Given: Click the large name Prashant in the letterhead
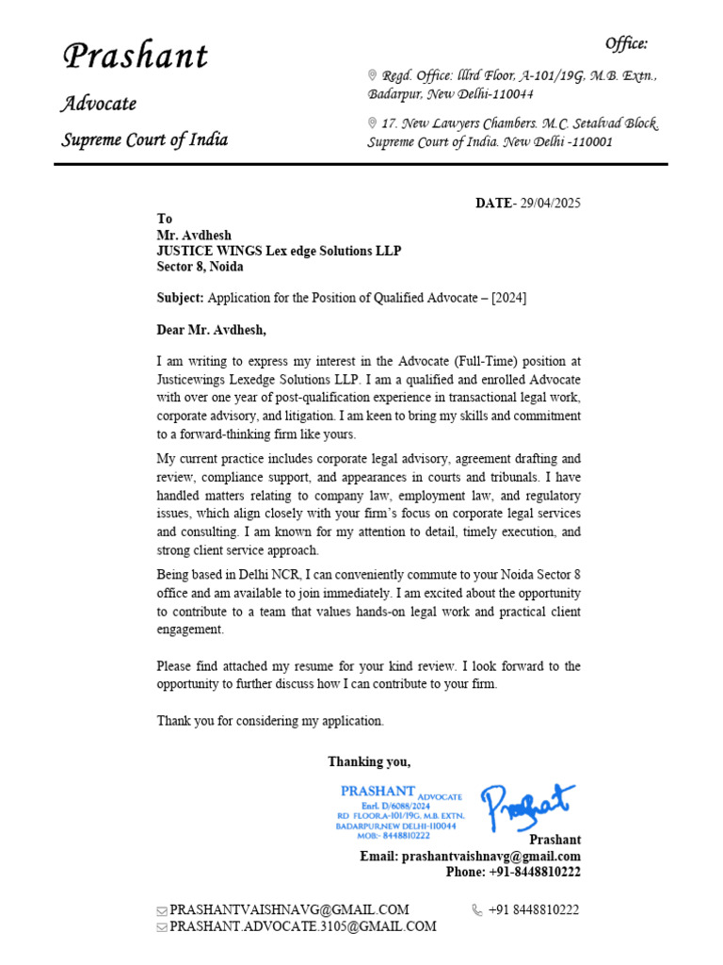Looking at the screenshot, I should [x=135, y=56].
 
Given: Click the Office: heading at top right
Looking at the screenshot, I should [x=626, y=43].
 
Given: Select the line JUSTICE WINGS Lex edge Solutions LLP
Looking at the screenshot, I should [x=279, y=251].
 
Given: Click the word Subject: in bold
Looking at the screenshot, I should [x=180, y=298].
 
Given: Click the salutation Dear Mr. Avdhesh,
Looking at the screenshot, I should [x=212, y=330].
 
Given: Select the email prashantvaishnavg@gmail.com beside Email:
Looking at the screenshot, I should [x=490, y=857].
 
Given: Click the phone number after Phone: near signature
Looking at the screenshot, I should [x=535, y=872].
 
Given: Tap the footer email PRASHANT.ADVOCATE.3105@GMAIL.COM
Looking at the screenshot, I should [x=302, y=926].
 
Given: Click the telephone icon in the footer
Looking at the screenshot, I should [x=477, y=910].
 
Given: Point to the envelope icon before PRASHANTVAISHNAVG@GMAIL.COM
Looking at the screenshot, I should [x=162, y=910].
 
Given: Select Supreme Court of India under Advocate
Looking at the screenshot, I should [x=145, y=139].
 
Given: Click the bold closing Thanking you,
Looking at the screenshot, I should [x=369, y=761].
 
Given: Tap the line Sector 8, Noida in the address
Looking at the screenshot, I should [x=200, y=267].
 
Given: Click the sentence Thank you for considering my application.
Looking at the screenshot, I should [x=270, y=721].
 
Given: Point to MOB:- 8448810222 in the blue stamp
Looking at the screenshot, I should [x=394, y=835].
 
